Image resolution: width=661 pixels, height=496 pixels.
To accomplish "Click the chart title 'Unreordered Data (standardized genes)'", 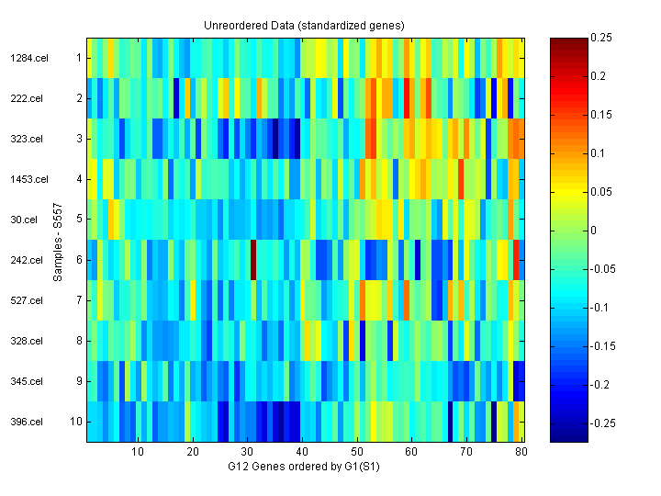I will point(304,26).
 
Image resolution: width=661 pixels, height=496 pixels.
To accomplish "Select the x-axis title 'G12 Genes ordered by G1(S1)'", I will point(304,467).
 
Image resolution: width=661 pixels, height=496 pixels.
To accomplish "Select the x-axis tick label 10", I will point(138,452).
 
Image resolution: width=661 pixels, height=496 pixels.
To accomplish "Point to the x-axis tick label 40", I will point(302,452).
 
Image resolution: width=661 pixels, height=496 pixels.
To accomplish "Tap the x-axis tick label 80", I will point(521,452).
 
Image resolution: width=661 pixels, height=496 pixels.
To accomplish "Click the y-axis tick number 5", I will point(79,220).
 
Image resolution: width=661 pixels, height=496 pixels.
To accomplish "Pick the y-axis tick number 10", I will point(77,422).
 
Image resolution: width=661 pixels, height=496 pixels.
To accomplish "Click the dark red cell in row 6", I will point(253,260).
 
